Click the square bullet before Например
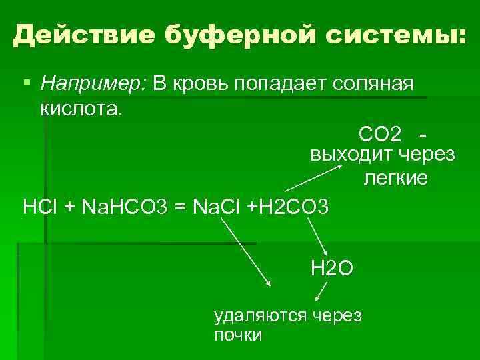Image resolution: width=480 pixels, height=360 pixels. coord(26,84)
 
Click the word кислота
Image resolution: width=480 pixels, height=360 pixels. coord(81,107)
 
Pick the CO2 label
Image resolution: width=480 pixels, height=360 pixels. coord(380,135)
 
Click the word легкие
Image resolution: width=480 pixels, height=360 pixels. coord(395,179)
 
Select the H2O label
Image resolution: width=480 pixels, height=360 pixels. coord(331,268)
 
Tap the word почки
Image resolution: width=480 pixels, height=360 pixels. coord(238,334)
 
